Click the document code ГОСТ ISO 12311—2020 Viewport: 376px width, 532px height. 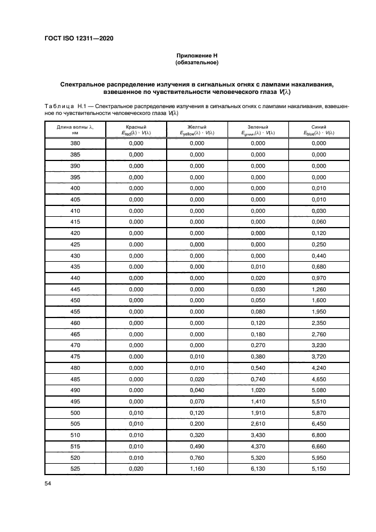pos(78,38)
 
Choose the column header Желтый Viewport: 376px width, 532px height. pos(197,127)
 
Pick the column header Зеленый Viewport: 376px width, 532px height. pos(258,127)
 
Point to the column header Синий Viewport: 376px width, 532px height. pos(319,127)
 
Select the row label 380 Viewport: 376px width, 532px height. pos(75,143)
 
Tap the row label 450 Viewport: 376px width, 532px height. pos(75,300)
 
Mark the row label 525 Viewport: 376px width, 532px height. pos(75,468)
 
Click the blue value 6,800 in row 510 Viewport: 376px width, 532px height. pos(319,434)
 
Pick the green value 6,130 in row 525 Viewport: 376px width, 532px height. pos(258,468)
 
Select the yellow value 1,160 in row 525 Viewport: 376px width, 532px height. pos(197,468)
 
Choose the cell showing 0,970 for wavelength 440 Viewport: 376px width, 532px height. pos(319,278)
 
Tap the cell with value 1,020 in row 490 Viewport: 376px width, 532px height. pos(258,389)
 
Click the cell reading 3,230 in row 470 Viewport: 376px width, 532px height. pos(319,345)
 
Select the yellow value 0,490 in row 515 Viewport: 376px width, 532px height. pos(197,446)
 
